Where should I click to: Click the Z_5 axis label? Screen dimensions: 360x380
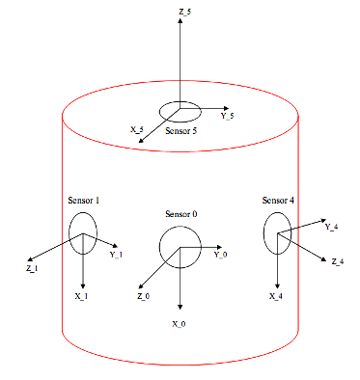coord(185,13)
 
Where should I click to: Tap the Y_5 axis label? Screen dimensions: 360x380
coord(227,116)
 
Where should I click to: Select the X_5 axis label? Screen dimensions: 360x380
coord(137,129)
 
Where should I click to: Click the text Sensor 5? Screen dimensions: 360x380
coord(180,131)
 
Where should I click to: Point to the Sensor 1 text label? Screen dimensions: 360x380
coord(84,201)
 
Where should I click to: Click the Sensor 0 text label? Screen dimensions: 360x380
coord(181,214)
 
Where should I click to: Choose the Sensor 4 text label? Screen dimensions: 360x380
coord(278,201)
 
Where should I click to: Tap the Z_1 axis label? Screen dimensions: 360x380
coord(32,268)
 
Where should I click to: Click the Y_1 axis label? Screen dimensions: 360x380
coord(116,255)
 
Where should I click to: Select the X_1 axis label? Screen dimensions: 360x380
coord(81,296)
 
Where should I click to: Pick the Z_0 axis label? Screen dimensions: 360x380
coord(144,296)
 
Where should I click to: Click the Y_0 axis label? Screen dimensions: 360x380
coord(221,255)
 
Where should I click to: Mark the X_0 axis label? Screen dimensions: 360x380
coord(179,324)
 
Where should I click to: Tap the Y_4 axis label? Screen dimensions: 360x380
coord(331,227)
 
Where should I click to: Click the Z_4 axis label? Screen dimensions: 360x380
coord(338,261)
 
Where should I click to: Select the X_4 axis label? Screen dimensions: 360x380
coord(276,296)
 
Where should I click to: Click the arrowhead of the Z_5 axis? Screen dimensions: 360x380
coord(180,20)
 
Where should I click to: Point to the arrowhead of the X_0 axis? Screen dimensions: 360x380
coord(180,307)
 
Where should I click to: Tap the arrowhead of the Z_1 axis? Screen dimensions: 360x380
coord(30,259)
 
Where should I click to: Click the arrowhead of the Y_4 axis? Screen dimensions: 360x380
coord(323,221)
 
